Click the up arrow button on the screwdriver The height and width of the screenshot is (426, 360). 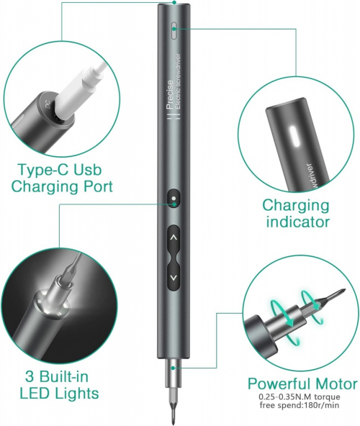tap(174, 237)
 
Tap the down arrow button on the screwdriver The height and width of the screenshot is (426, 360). tap(174, 277)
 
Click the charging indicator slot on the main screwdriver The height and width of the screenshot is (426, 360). tap(174, 31)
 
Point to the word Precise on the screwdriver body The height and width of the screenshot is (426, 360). tap(170, 94)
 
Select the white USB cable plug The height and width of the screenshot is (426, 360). tap(77, 86)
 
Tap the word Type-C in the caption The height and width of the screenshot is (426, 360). tap(44, 169)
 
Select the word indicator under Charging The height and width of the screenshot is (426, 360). tap(298, 222)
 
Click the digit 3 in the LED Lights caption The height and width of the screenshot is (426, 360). tap(30, 376)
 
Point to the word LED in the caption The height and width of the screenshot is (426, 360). tap(35, 393)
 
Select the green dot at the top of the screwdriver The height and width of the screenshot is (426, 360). tap(174, 2)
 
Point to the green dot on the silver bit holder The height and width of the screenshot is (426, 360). tap(173, 368)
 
